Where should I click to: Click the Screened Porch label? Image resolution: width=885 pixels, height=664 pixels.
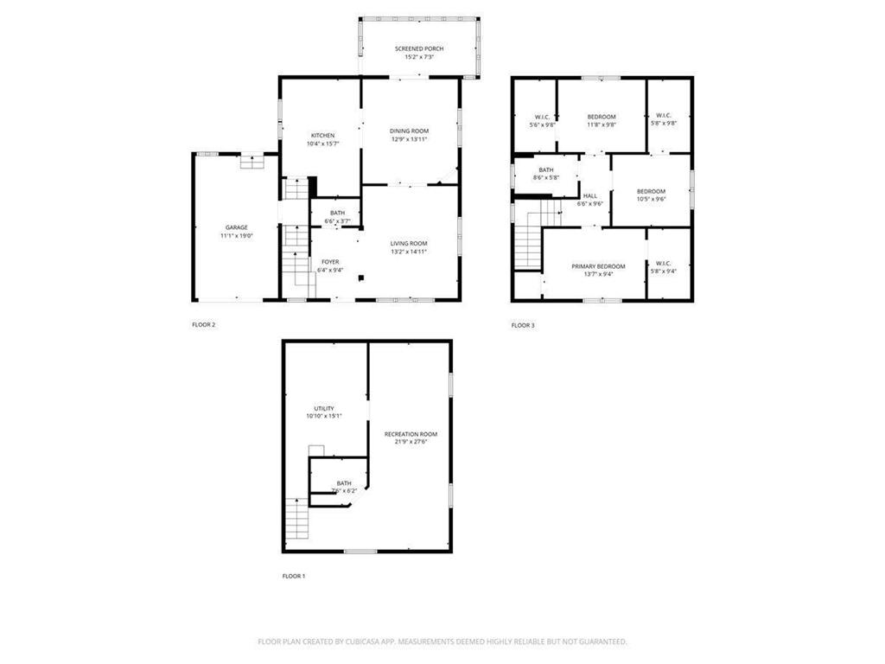point(419,48)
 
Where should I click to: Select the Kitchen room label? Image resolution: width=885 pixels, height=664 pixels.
point(323,136)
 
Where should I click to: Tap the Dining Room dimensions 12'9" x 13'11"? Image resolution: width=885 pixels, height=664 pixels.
point(410,139)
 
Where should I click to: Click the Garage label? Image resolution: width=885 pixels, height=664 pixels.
point(236,227)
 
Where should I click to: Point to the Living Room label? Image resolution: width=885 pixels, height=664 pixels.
point(409,244)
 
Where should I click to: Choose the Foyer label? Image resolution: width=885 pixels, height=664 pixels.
point(330,261)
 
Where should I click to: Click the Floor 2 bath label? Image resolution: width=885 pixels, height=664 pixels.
point(337,213)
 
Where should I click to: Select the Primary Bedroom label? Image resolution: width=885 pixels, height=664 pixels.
point(598,266)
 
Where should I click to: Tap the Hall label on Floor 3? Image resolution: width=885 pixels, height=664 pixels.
point(590,195)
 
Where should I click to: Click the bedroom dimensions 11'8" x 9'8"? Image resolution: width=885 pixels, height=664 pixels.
point(602,124)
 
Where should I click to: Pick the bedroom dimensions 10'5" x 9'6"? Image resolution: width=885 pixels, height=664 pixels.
point(651,199)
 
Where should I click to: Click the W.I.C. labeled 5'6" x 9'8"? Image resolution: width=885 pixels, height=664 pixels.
point(542,124)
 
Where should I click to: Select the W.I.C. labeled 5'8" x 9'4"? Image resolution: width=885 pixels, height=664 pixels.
point(664,271)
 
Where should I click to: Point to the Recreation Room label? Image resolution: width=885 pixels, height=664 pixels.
point(411,434)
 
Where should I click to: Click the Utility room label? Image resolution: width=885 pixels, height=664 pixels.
point(324,408)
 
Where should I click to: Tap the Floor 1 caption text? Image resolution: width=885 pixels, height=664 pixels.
point(294,576)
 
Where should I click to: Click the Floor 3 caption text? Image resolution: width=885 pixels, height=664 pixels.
point(523,325)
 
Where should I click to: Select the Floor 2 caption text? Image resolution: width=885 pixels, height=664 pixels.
point(203,325)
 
